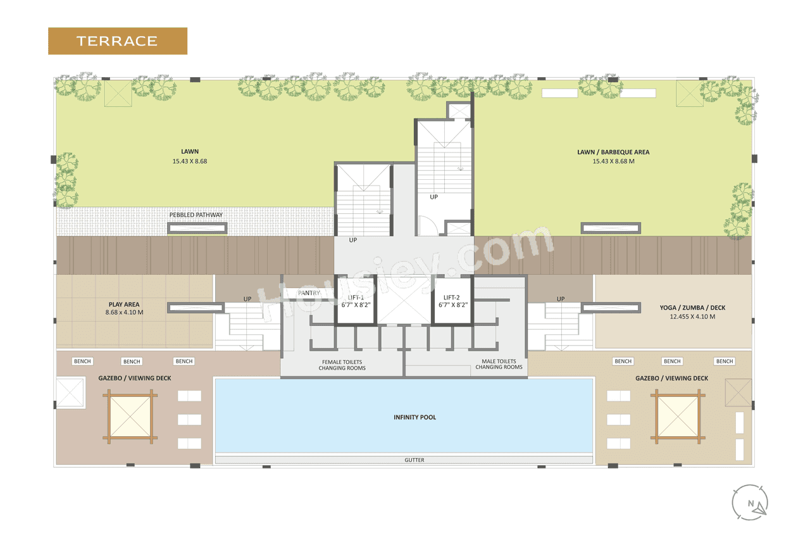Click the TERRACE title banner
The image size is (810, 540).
click(117, 41)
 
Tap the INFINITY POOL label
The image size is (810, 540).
click(415, 417)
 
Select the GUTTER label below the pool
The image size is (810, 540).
click(414, 460)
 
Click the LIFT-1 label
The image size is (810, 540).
click(356, 298)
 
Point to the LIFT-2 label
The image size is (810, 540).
click(452, 298)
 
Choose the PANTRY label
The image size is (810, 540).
click(309, 293)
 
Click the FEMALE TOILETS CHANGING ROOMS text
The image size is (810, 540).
click(342, 365)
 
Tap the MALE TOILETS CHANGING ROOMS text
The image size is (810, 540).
click(499, 364)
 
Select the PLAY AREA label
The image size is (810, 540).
click(123, 305)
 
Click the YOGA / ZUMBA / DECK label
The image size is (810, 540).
click(692, 308)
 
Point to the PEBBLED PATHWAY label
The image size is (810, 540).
click(196, 215)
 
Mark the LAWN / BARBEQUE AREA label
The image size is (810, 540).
click(613, 152)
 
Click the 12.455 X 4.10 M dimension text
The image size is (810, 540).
click(692, 317)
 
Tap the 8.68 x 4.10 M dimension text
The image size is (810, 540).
click(123, 313)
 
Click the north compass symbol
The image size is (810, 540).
click(751, 503)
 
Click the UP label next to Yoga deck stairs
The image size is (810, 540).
click(560, 299)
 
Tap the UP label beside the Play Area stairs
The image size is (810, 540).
click(247, 299)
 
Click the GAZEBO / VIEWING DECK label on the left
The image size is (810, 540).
click(134, 378)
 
